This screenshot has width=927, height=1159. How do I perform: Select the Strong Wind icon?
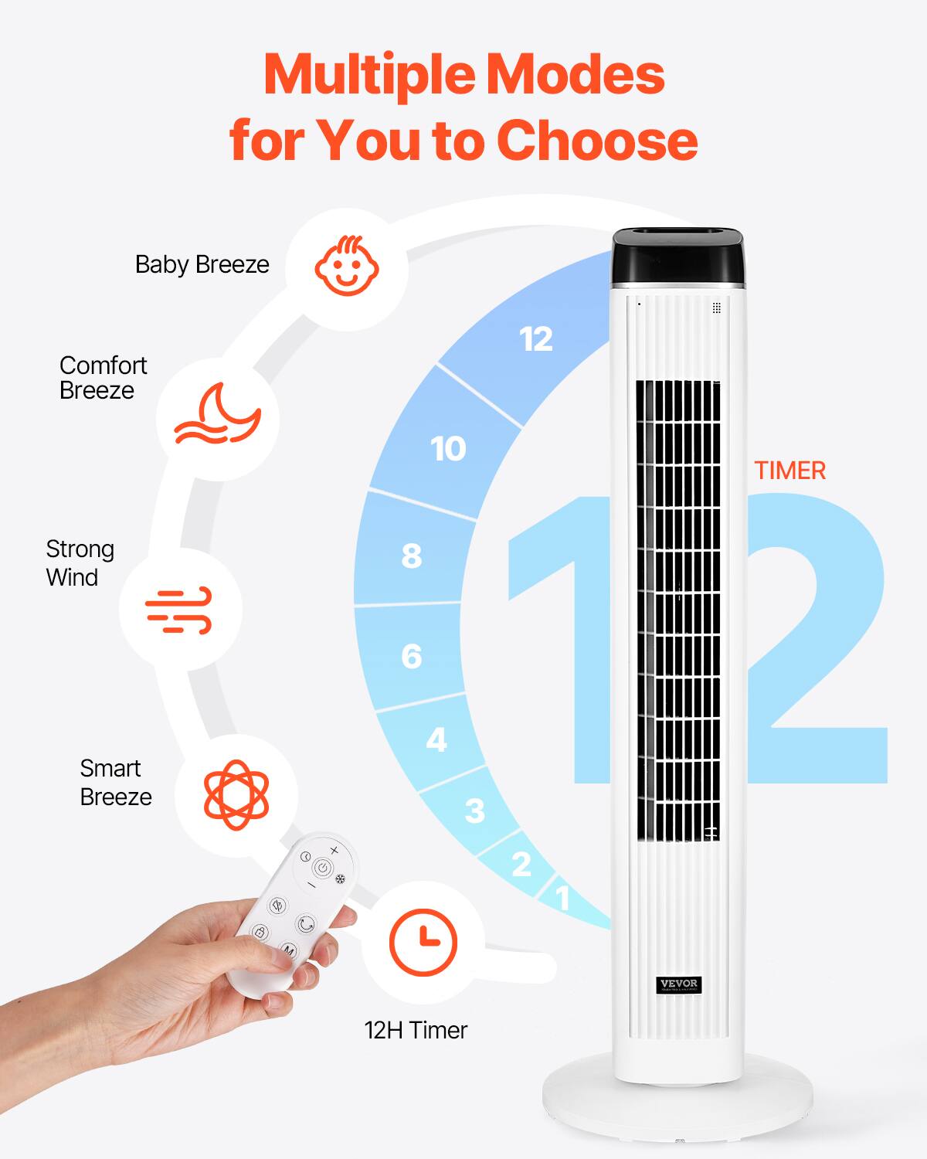(179, 610)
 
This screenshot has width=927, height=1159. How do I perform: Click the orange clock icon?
(423, 942)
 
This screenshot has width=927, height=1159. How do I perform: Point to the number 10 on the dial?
(448, 449)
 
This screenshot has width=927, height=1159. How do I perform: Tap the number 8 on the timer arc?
(412, 556)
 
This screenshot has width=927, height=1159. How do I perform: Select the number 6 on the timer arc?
(412, 657)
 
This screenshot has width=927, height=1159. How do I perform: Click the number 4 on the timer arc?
(436, 740)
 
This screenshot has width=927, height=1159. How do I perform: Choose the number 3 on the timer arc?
(475, 811)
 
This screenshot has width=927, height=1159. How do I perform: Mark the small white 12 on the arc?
(536, 339)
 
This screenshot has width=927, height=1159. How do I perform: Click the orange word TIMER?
(789, 471)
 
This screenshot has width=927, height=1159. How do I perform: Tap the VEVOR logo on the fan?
(679, 984)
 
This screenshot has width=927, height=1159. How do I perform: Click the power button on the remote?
(324, 868)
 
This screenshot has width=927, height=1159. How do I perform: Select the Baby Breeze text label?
(202, 265)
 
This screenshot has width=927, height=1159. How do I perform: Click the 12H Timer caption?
(416, 1030)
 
